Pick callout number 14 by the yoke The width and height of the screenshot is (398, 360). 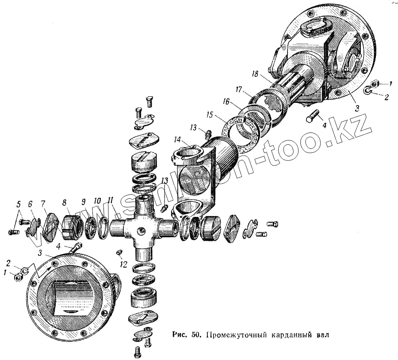coord(177,140)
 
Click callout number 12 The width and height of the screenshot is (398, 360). coord(124,265)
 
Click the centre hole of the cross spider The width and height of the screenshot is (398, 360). coord(141,230)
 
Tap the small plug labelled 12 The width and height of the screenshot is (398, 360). coord(119,252)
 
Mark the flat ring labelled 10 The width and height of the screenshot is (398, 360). coord(103,227)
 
